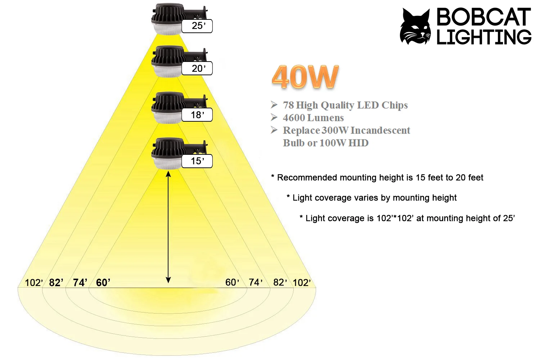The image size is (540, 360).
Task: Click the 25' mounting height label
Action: [197, 26]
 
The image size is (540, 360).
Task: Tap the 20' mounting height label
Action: [197, 68]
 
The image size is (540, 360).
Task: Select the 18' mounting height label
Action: [197, 115]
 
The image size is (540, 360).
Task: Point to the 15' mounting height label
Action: [197, 161]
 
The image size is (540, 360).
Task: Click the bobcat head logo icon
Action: [415, 27]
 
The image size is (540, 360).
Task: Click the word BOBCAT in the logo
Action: [483, 17]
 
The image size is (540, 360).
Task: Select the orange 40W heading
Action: [305, 77]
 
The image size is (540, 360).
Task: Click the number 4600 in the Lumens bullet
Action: [293, 118]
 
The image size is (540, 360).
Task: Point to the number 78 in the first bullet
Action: [288, 105]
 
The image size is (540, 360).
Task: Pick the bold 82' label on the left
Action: [56, 283]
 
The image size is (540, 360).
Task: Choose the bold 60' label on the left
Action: [103, 283]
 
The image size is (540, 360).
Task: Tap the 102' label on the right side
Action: [302, 283]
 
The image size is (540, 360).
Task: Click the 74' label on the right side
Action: [256, 283]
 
